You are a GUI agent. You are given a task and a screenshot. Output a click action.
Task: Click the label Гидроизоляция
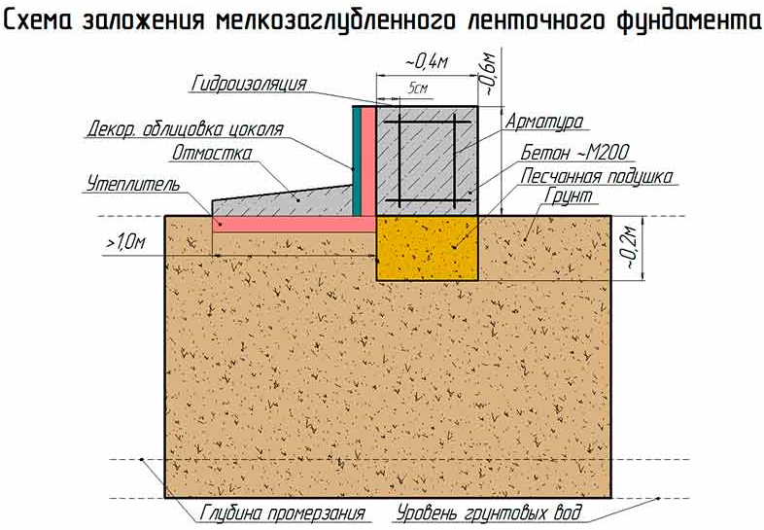pyautogui.click(x=249, y=84)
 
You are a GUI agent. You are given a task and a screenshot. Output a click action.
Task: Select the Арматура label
pyautogui.click(x=543, y=122)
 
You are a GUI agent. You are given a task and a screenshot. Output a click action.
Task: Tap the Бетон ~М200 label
pyautogui.click(x=575, y=153)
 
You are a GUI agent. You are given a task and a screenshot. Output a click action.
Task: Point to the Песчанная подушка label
pyautogui.click(x=597, y=176)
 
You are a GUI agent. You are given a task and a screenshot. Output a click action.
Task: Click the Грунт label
pyautogui.click(x=568, y=196)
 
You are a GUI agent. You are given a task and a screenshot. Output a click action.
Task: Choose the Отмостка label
pyautogui.click(x=212, y=153)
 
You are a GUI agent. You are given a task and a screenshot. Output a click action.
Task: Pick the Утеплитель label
pyautogui.click(x=133, y=184)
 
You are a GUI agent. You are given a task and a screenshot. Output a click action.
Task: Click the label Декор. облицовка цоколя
pyautogui.click(x=185, y=129)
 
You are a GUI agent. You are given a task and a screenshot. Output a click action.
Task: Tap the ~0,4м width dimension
pyautogui.click(x=427, y=62)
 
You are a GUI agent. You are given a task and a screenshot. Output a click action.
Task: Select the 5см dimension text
pyautogui.click(x=418, y=88)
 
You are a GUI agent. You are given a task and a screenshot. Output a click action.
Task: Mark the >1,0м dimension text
pyautogui.click(x=125, y=242)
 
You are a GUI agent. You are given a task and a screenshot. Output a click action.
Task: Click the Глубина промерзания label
pyautogui.click(x=283, y=513)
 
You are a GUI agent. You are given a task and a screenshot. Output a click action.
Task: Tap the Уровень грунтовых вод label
pyautogui.click(x=489, y=513)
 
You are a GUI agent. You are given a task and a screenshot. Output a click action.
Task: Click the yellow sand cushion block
pyautogui.click(x=427, y=248)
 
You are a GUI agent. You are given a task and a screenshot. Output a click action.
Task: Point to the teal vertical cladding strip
pyautogui.click(x=357, y=160)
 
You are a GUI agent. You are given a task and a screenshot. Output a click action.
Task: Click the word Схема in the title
pyautogui.click(x=39, y=20)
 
